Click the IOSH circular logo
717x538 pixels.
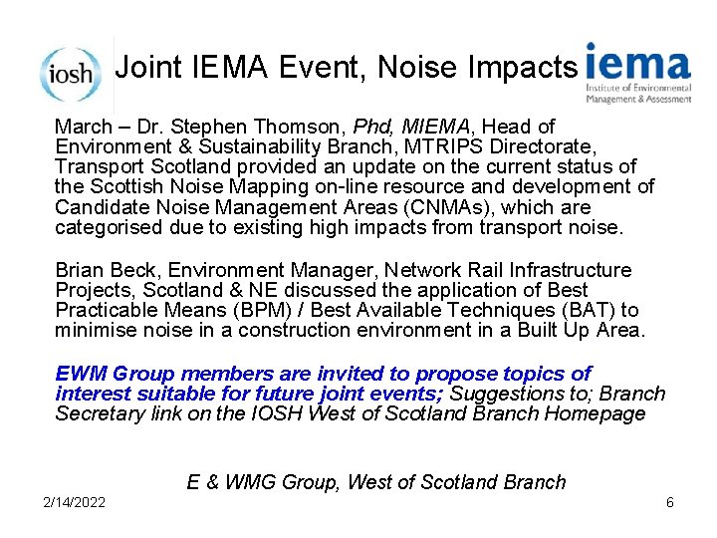click(x=70, y=73)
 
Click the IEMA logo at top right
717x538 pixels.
click(x=637, y=73)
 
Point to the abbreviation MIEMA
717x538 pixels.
click(x=439, y=127)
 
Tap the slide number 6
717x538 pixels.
click(x=670, y=502)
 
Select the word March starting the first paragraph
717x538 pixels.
click(x=84, y=127)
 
